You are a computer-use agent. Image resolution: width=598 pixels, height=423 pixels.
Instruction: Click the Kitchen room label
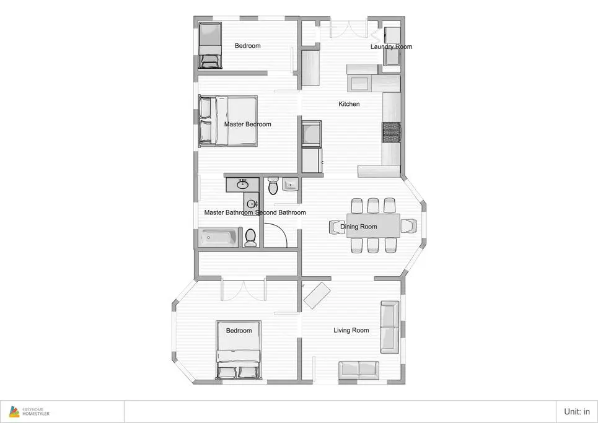(x=349, y=103)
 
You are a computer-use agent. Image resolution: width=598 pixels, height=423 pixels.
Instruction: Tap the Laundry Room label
(x=391, y=46)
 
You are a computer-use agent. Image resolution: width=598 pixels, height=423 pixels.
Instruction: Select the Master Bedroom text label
(x=247, y=124)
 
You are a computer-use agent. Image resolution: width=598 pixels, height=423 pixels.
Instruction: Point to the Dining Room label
(x=359, y=227)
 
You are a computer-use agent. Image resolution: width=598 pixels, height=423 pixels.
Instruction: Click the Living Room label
(x=351, y=330)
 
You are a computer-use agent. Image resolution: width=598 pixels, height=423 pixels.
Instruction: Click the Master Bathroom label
(x=229, y=212)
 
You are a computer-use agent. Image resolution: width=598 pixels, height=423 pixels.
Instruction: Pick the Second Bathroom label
(x=281, y=212)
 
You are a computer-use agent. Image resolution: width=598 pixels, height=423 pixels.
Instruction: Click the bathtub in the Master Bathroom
(x=219, y=238)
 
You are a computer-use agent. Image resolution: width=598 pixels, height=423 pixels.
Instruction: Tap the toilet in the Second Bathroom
(x=273, y=185)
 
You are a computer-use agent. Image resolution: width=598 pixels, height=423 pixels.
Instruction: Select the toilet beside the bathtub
(x=250, y=237)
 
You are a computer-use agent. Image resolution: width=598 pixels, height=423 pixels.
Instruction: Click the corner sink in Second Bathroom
(x=290, y=185)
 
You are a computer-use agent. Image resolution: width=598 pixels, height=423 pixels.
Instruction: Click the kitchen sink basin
(x=360, y=83)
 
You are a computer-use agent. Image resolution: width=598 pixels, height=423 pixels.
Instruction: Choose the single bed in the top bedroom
(x=210, y=45)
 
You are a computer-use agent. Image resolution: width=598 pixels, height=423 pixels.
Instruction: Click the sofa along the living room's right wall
(x=390, y=327)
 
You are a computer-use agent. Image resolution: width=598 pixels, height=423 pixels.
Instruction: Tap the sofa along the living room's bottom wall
(x=359, y=370)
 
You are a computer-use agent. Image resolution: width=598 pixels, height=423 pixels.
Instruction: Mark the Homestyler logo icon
(x=14, y=412)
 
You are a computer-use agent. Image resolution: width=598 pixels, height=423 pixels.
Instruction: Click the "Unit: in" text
(x=577, y=412)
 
